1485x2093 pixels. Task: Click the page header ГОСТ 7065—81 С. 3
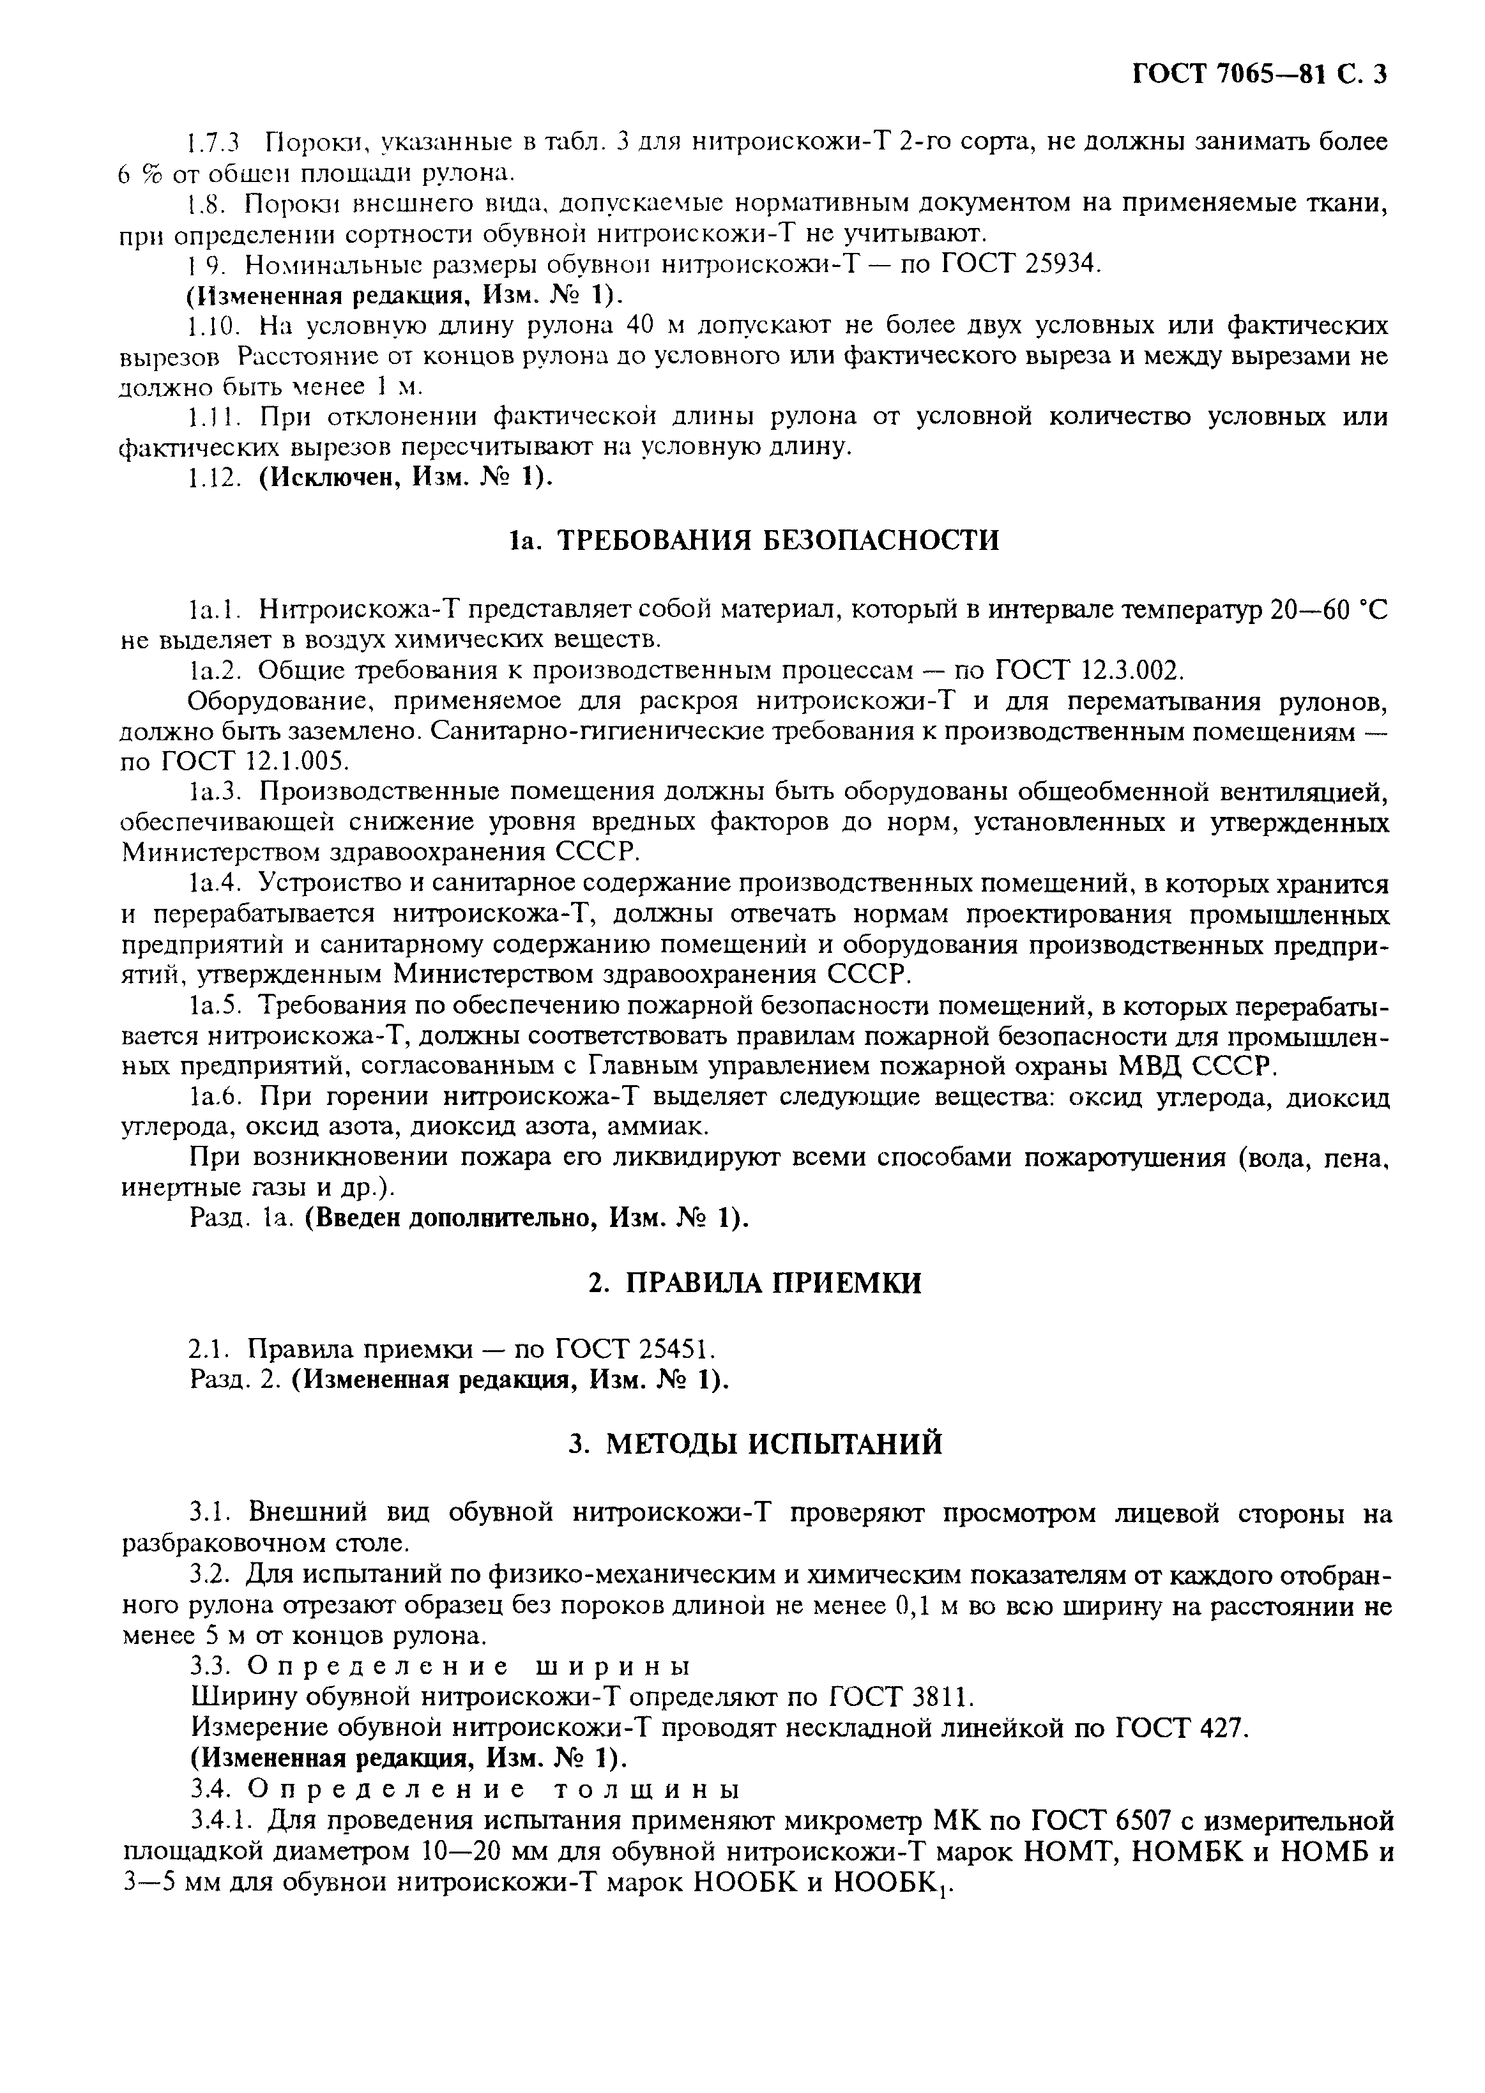click(1260, 74)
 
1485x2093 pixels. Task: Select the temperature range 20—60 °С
click(1329, 608)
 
